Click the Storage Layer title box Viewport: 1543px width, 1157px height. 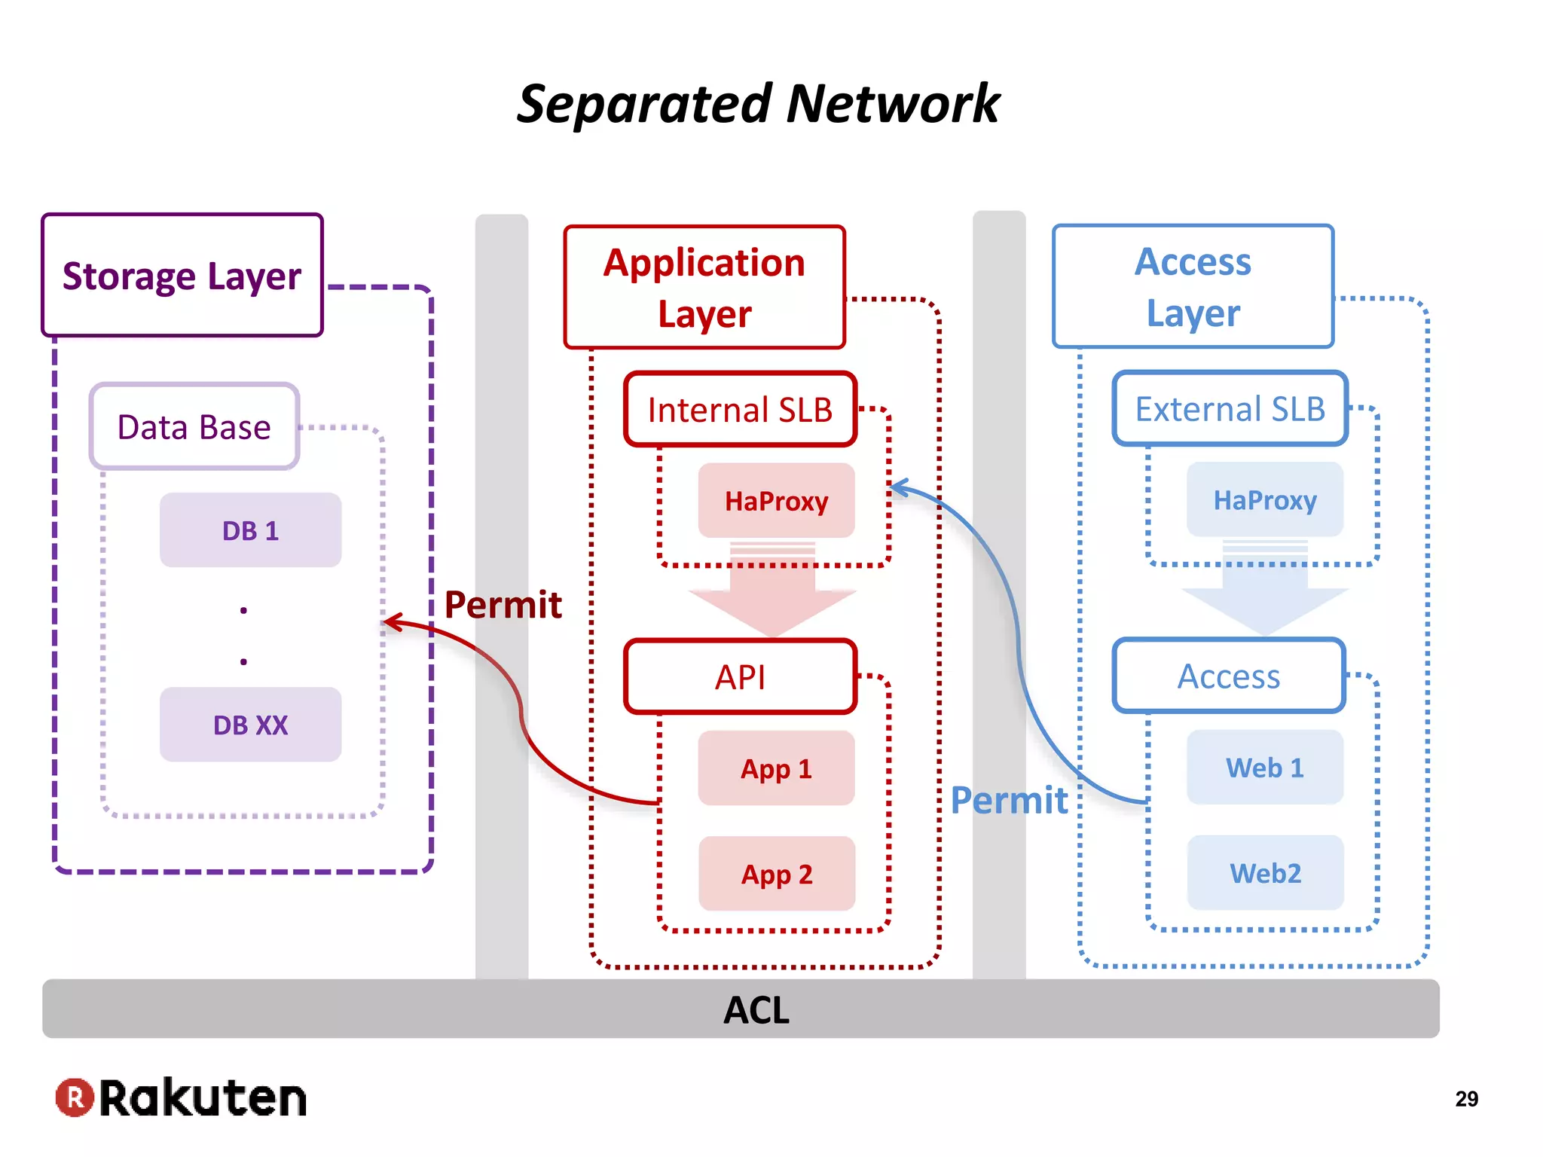coord(182,276)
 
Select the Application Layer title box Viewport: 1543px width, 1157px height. coord(704,288)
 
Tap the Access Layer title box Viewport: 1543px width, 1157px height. coord(1193,287)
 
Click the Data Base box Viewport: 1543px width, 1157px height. coord(194,427)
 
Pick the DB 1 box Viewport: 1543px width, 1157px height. coord(250,530)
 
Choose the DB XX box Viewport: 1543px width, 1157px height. coord(250,725)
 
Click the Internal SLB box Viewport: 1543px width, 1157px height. coord(740,410)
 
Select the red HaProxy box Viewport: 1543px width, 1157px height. coord(776,501)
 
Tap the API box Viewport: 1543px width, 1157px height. coord(740,676)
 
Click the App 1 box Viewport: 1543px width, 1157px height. coord(776,768)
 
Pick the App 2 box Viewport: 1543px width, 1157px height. coord(776,874)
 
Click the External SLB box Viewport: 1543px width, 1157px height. coord(1230,409)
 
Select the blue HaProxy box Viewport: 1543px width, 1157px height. coord(1265,500)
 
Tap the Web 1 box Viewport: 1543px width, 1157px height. coord(1265,768)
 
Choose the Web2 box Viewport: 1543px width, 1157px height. coord(1265,873)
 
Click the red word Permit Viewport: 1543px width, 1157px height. coord(503,605)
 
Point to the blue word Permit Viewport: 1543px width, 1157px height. coord(1009,800)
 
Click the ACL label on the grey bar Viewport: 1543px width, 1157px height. coord(756,1010)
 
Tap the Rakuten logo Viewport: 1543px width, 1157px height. coord(182,1097)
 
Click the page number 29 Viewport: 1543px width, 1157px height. coord(1466,1099)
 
